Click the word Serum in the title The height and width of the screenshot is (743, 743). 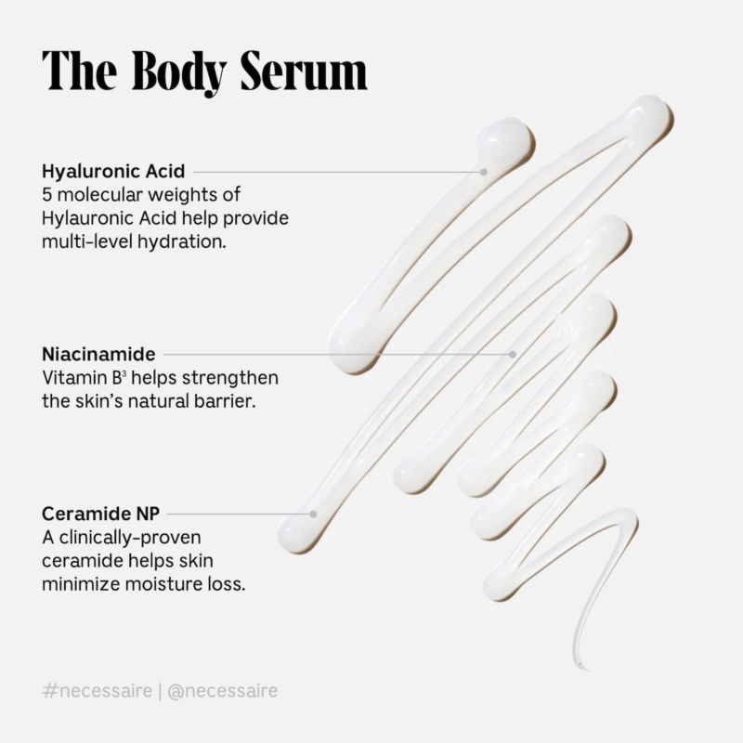(305, 71)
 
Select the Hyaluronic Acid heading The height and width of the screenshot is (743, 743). (113, 172)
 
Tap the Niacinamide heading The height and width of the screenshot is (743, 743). (98, 354)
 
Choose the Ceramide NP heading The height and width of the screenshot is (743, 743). (101, 514)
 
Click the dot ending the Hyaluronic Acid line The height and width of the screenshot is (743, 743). (484, 172)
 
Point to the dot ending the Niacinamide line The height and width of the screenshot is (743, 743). (513, 354)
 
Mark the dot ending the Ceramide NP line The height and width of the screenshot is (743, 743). (313, 514)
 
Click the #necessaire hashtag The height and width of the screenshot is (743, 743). (98, 690)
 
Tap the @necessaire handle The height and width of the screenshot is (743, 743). (223, 690)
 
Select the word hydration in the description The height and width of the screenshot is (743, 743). (182, 242)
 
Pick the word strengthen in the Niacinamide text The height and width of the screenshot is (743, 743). (230, 378)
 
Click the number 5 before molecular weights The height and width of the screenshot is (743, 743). (46, 195)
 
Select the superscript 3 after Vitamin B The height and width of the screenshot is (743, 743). (124, 374)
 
